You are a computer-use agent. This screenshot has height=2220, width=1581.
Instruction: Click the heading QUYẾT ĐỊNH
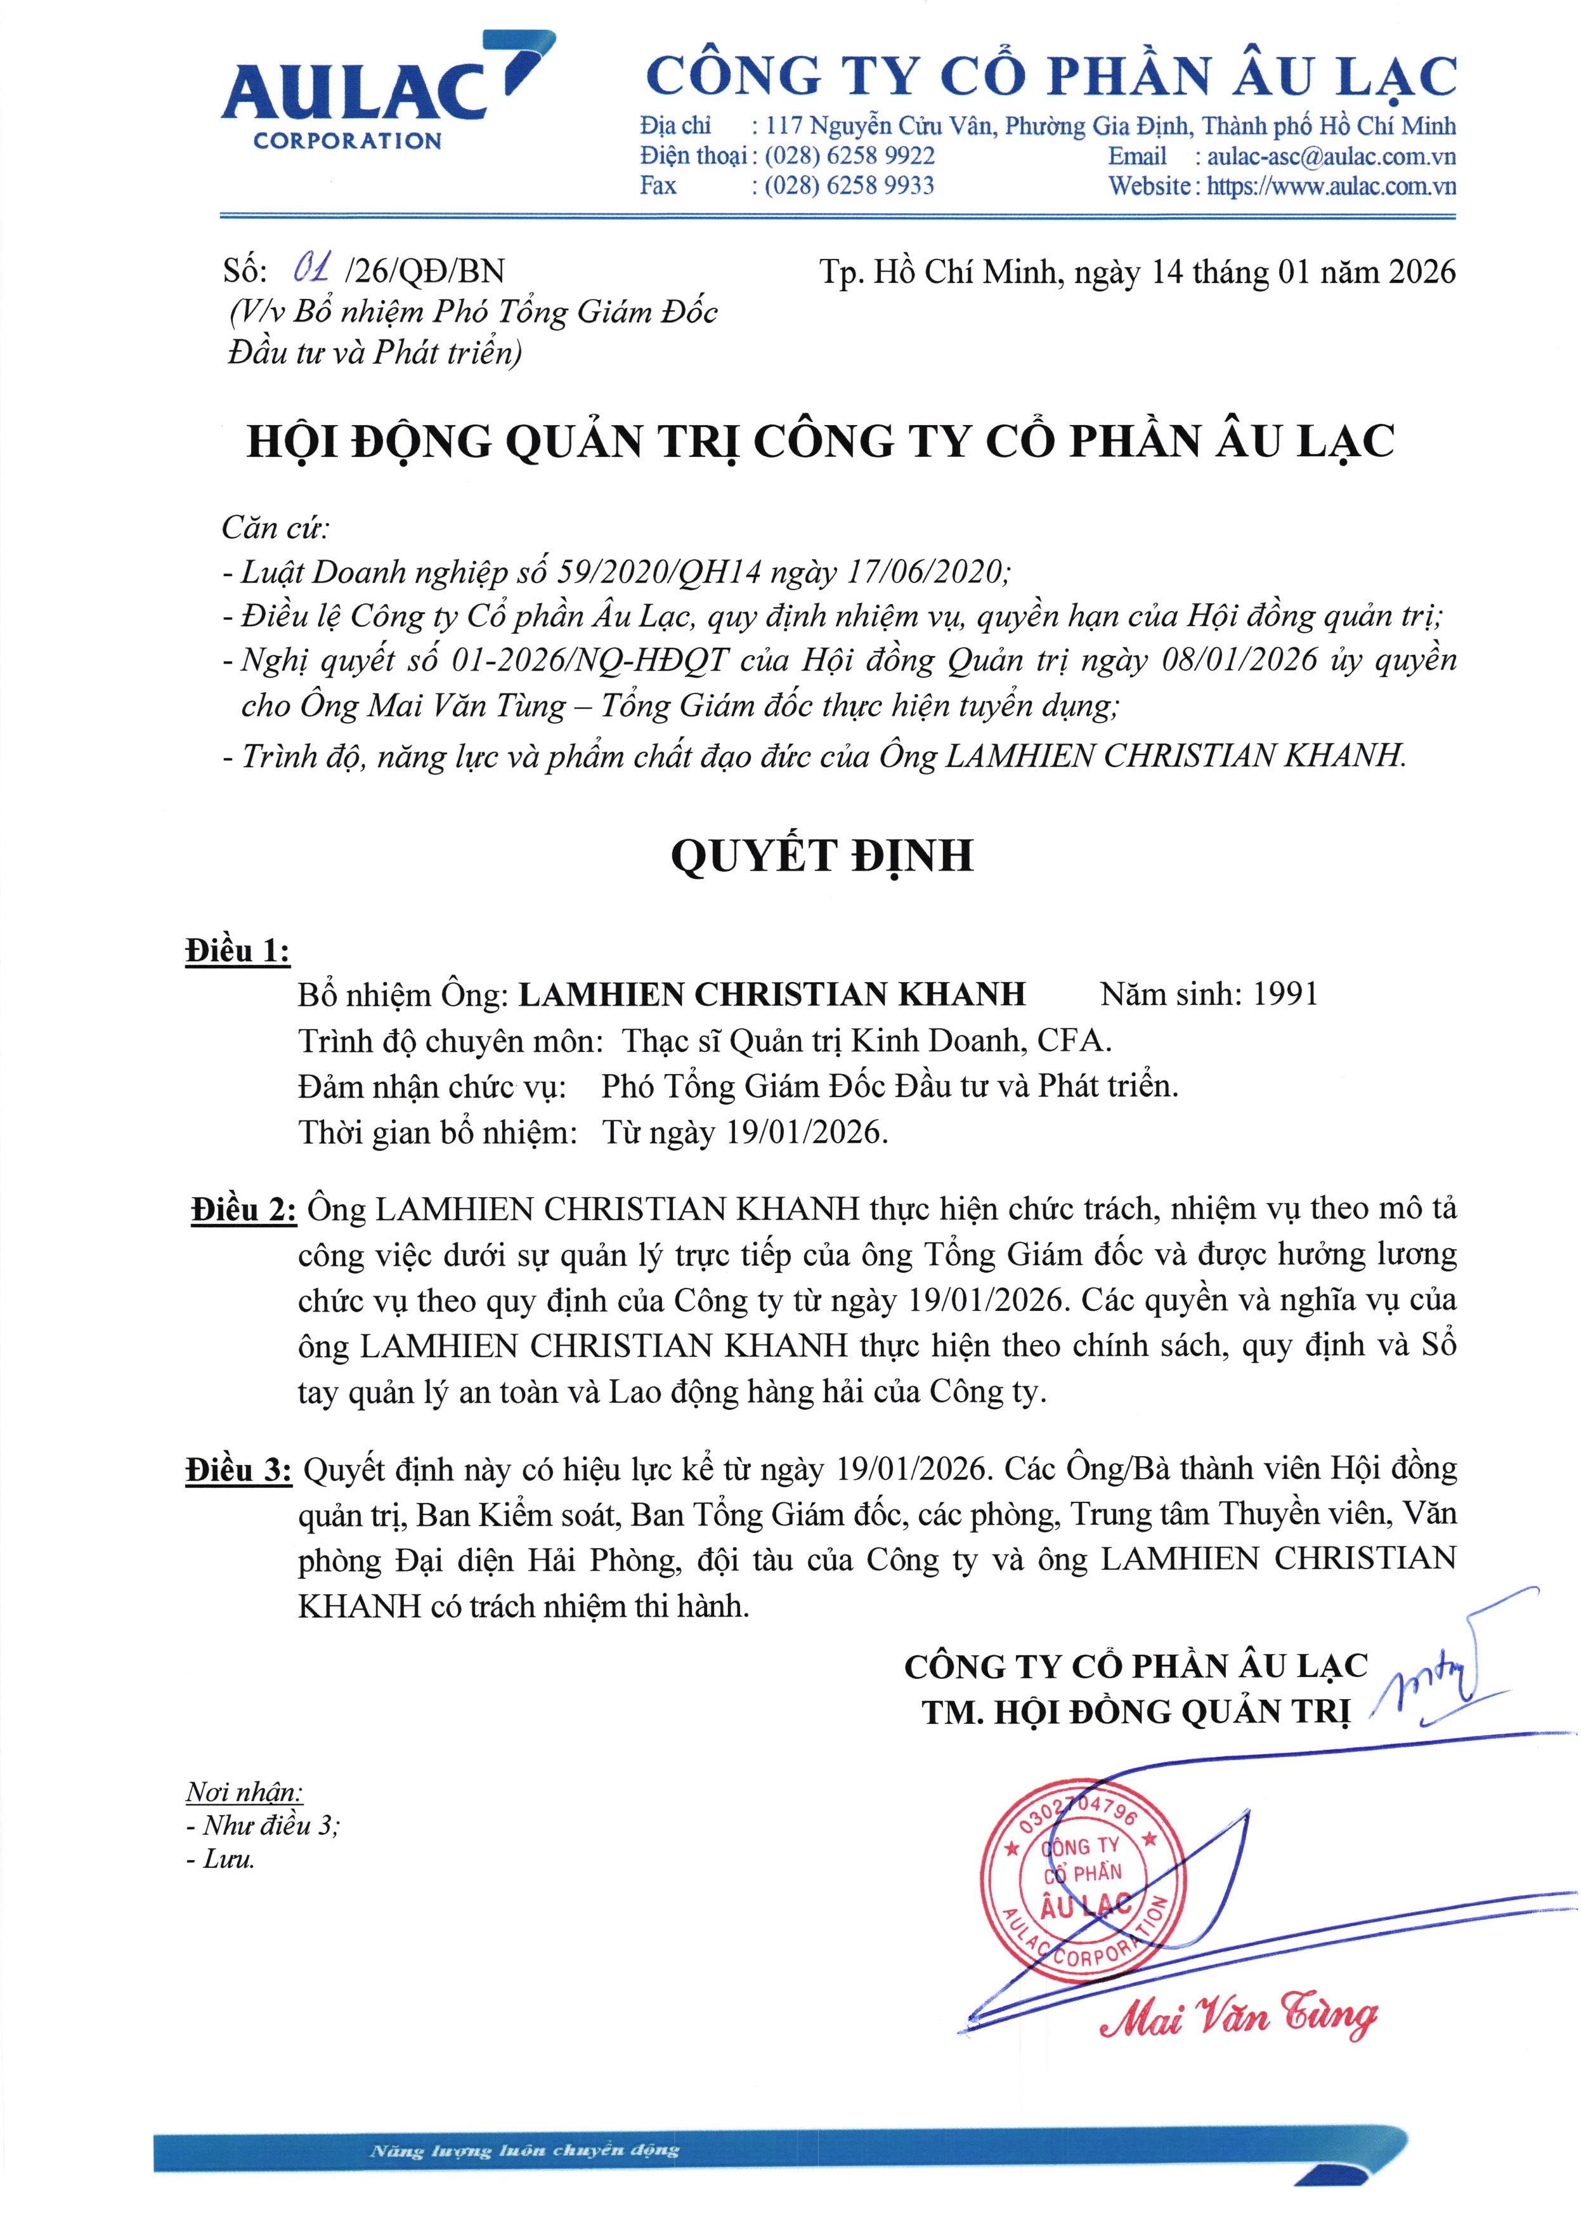click(x=822, y=856)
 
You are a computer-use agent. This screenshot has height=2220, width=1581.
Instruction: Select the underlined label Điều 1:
click(x=238, y=950)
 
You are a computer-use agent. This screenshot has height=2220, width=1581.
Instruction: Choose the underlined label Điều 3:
click(x=238, y=1470)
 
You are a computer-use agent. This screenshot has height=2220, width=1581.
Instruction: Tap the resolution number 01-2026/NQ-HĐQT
click(x=590, y=661)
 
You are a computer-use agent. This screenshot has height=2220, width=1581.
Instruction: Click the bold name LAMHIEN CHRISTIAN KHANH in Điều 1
click(x=772, y=994)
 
